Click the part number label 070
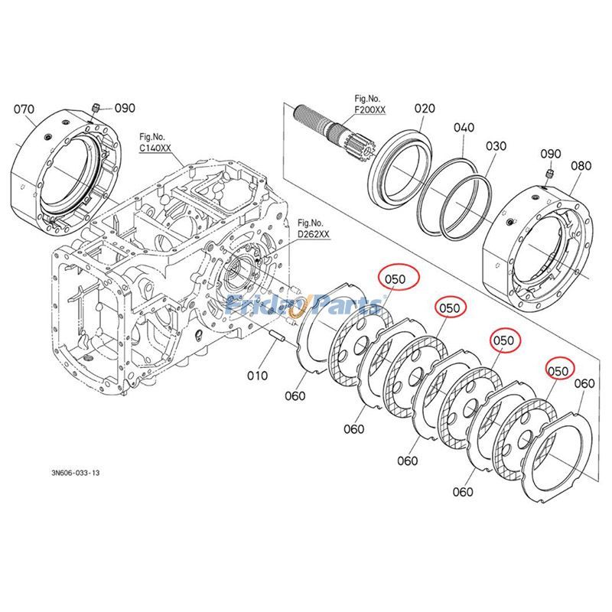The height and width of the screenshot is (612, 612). tap(24, 109)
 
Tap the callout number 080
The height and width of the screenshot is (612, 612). tap(581, 165)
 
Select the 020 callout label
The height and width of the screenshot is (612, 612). tap(425, 109)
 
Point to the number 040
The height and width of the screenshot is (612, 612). tap(464, 127)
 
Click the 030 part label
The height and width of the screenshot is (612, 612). tap(496, 145)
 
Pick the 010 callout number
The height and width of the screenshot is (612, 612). tap(258, 375)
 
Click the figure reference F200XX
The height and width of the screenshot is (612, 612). tap(370, 110)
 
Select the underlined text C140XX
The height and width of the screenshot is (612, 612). tap(155, 148)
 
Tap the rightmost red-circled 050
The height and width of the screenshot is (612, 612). tap(558, 370)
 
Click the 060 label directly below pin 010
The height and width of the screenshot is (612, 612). tap(295, 396)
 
